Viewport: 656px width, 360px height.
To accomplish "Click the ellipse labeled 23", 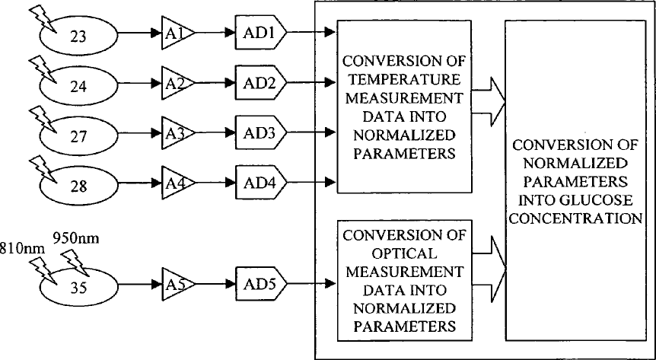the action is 78,36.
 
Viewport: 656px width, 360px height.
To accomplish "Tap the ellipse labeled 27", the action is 78,135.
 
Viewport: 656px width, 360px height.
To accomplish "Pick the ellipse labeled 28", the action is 78,186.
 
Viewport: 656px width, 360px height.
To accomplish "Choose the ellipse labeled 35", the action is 78,288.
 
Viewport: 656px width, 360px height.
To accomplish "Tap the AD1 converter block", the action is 260,33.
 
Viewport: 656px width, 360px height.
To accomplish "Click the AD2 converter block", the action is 260,82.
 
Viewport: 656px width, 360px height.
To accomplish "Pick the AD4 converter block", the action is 260,183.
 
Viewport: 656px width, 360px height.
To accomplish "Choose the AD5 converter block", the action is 260,285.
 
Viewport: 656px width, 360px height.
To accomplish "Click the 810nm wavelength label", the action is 22,249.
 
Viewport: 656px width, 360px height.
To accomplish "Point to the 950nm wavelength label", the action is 76,238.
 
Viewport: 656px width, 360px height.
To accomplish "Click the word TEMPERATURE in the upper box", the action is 404,79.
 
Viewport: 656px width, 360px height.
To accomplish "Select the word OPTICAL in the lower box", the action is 404,253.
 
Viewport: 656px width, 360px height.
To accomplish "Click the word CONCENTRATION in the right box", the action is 575,218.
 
